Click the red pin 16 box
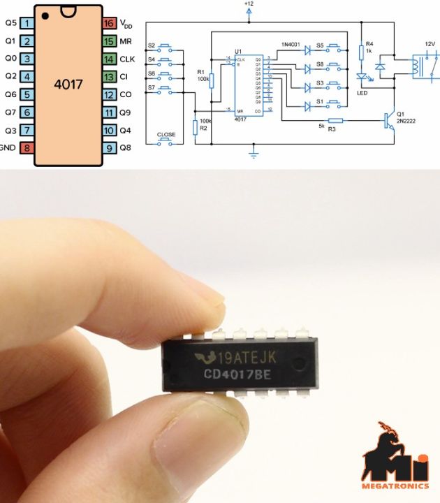[108, 23]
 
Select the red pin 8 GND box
[27, 147]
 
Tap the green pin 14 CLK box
[108, 59]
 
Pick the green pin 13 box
[108, 76]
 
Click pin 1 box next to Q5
[27, 23]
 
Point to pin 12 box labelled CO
[108, 94]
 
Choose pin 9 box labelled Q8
[108, 147]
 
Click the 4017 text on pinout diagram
[68, 85]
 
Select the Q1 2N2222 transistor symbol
[386, 120]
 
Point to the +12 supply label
[249, 4]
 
